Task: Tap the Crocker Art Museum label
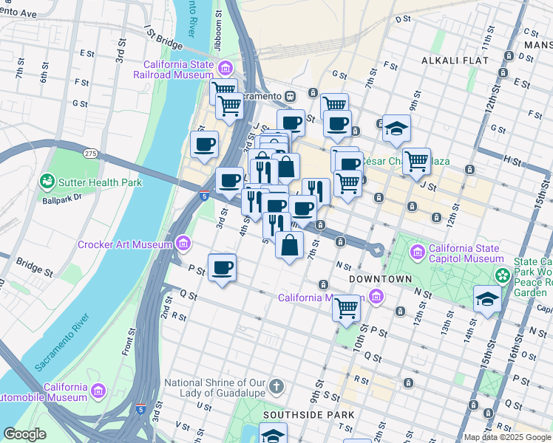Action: (126, 244)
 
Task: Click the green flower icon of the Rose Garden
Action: (503, 275)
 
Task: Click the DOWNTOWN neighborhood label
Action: (380, 279)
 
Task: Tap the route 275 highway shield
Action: (90, 153)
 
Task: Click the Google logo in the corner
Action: (24, 434)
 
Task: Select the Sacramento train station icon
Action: (292, 96)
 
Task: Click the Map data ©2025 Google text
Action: (507, 437)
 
